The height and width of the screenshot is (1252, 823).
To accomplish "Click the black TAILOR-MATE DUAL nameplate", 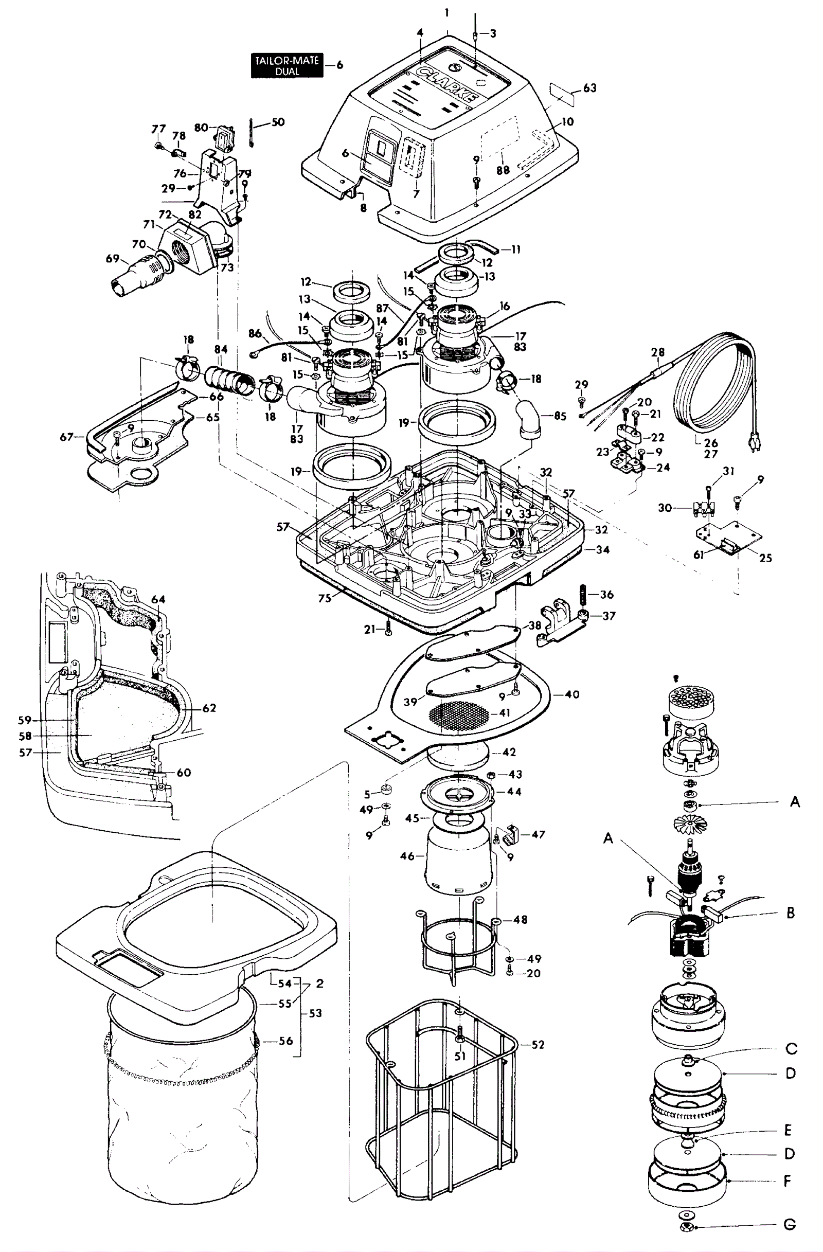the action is coord(287,66).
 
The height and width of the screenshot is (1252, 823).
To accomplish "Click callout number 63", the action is coord(590,88).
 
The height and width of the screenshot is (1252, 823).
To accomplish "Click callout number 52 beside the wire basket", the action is coord(538,1045).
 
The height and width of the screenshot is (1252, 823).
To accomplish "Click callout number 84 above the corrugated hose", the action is coord(221,349).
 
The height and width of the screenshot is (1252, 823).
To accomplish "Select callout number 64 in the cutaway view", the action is coord(158,599).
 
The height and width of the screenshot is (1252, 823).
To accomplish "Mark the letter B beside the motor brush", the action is coord(791,913).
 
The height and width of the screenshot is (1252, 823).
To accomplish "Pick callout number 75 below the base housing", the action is coord(325,598).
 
